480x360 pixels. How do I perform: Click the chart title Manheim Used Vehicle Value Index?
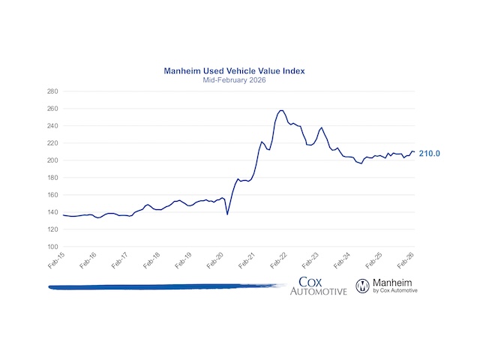239,71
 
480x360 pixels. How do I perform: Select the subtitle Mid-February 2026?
239,80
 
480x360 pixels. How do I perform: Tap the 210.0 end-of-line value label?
429,153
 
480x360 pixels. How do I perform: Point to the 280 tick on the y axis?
52,91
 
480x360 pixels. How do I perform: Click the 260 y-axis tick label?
52,109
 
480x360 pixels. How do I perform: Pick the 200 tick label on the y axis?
52,160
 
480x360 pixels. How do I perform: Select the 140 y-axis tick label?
52,212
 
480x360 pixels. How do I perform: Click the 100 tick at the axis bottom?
52,247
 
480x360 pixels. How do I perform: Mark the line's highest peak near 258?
281,110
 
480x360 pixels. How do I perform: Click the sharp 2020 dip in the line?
227,214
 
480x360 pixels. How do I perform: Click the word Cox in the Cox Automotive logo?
310,282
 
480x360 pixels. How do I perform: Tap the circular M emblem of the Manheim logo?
362,285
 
